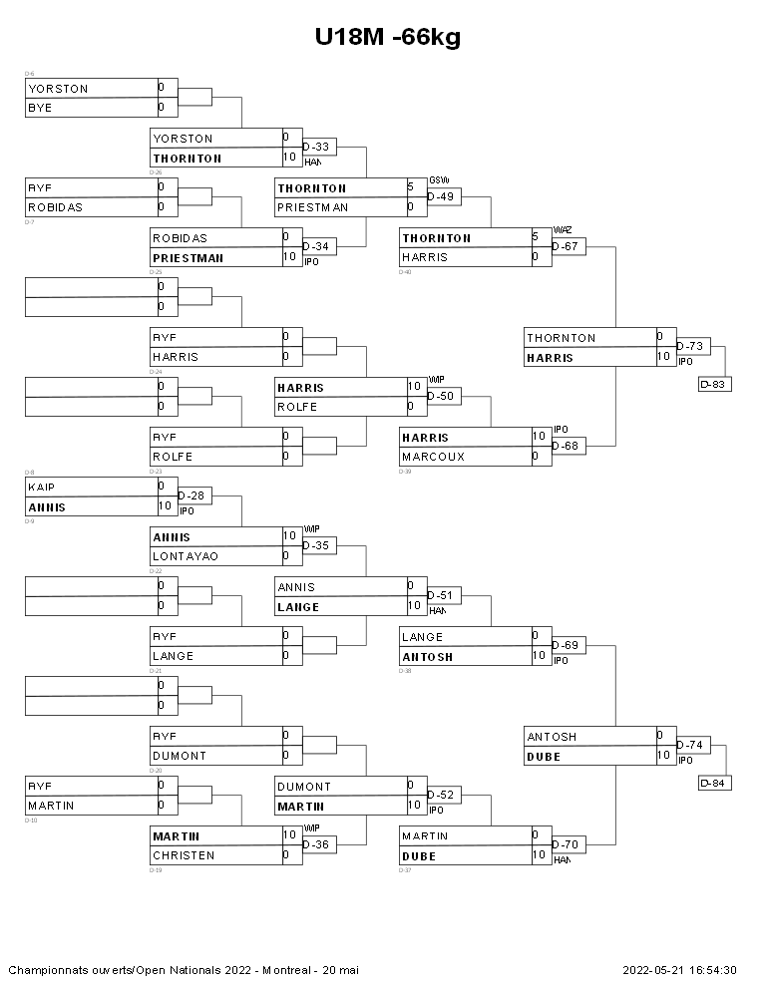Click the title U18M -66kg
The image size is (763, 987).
(387, 37)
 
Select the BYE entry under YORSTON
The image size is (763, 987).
(41, 108)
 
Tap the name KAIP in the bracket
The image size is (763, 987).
(41, 487)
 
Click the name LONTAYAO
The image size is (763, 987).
(185, 556)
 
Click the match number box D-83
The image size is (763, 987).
(715, 384)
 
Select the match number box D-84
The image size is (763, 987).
(715, 783)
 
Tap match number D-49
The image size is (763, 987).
(441, 196)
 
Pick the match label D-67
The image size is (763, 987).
(566, 246)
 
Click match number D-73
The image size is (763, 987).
(690, 346)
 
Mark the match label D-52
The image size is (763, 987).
(441, 795)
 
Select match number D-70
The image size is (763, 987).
(566, 844)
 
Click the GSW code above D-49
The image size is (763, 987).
(439, 180)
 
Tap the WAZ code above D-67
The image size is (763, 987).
(563, 230)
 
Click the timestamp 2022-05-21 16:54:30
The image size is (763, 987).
(680, 970)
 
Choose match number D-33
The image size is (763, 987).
(316, 147)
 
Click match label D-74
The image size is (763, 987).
(690, 745)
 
